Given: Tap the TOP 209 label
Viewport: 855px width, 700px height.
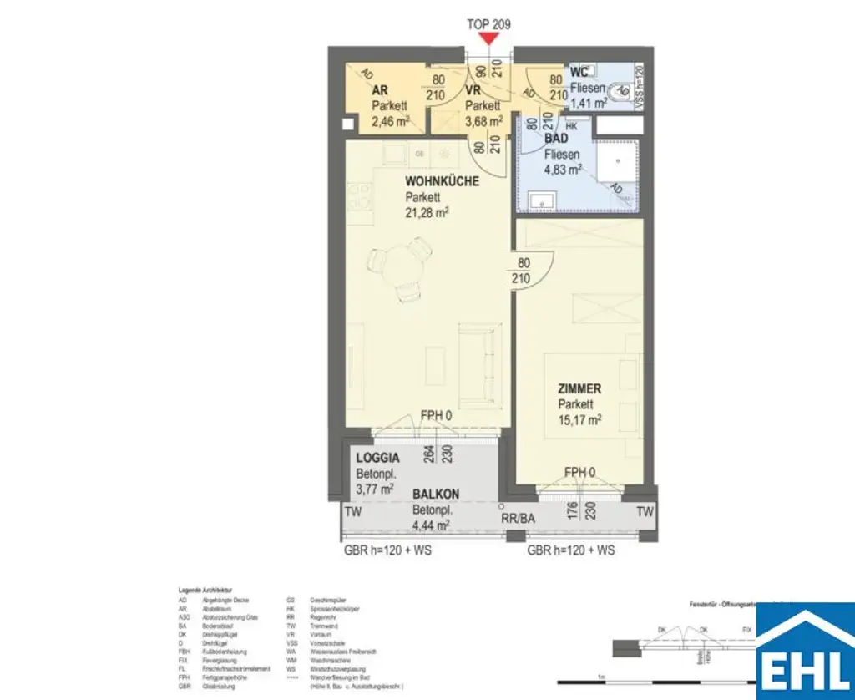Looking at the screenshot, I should pos(488,24).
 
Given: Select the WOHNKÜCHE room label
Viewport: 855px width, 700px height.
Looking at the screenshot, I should pos(442,181).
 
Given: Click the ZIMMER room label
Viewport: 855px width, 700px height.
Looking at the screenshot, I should pos(579,388).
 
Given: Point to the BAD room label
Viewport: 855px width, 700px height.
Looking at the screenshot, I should pos(556,139).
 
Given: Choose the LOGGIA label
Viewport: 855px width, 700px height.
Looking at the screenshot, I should pos(377,458).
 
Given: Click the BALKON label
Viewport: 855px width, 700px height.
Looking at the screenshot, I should pos(435,495).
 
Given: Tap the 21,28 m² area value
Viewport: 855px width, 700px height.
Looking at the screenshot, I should pos(427,213).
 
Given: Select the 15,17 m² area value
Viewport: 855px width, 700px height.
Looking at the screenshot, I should pos(581,420).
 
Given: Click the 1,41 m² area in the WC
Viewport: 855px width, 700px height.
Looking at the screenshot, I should pos(589,104).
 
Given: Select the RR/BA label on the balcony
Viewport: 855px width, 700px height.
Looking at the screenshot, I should pos(518,518).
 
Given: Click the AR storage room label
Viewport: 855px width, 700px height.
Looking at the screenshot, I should pos(379,90).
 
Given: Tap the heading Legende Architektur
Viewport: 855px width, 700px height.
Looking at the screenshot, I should pos(205,591).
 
